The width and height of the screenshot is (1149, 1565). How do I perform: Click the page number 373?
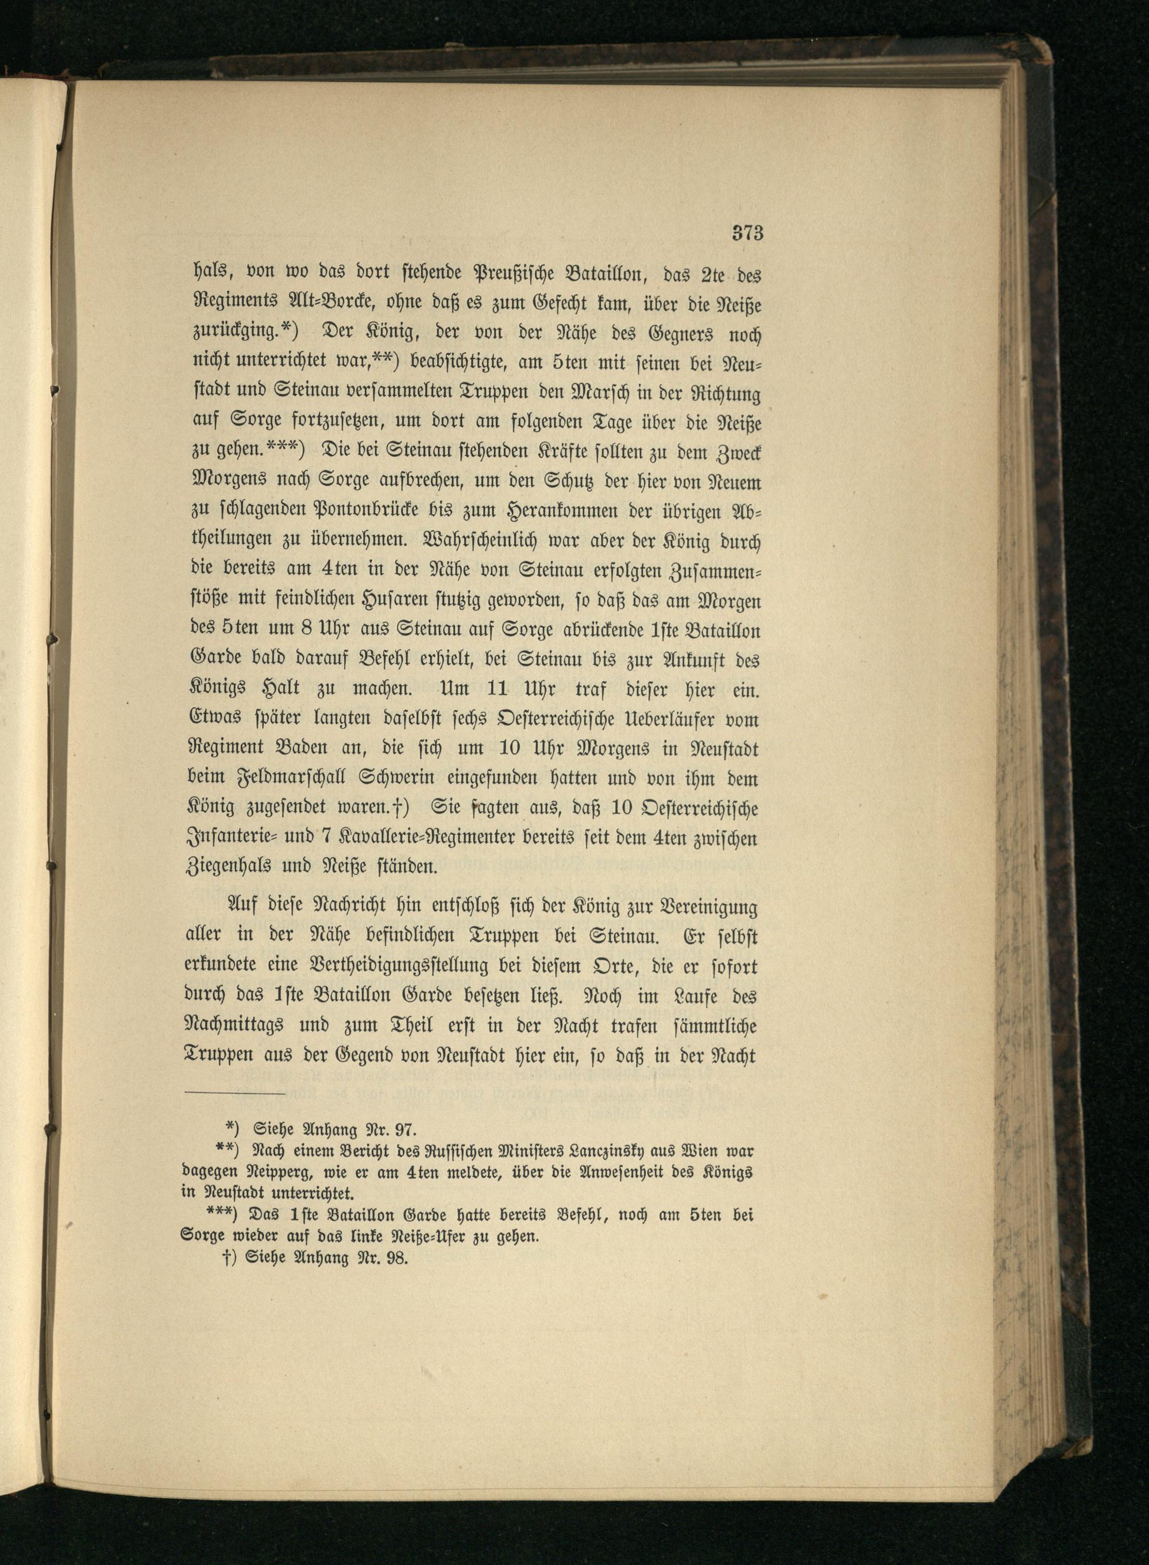(x=747, y=233)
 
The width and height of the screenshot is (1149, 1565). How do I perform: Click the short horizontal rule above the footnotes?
(x=234, y=1095)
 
